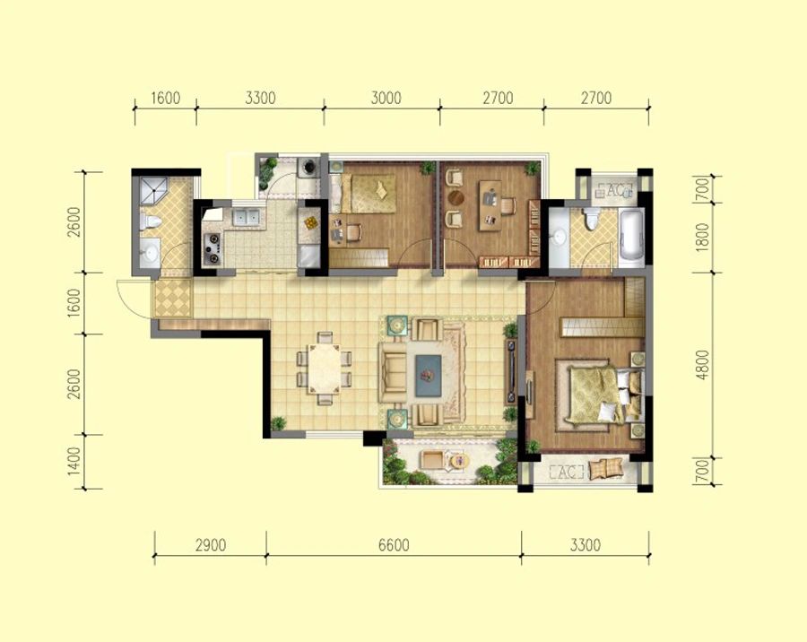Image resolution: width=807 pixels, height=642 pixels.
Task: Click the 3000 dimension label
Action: coord(386,98)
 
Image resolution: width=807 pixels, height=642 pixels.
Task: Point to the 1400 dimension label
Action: coord(74,461)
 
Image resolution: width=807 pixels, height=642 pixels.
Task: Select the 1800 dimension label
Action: coord(702,238)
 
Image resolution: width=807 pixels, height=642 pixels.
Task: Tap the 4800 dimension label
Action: coord(702,365)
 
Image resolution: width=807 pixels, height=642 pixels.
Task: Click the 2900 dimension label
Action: coord(211,544)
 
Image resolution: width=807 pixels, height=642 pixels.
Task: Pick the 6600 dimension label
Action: coord(394,544)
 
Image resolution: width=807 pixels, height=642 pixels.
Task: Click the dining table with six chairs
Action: coord(325,369)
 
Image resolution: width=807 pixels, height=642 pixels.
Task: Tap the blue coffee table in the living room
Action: coord(429,376)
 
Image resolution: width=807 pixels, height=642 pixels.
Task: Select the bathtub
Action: coord(631,238)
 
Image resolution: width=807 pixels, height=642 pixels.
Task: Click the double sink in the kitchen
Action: coord(247,217)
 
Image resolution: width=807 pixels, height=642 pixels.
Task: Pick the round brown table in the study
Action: coord(456,197)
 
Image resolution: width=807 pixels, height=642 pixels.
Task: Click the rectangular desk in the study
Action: coord(490,205)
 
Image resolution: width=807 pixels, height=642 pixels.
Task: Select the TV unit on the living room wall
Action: coord(512,370)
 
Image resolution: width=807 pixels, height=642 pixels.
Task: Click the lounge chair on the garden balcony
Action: coord(433,459)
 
